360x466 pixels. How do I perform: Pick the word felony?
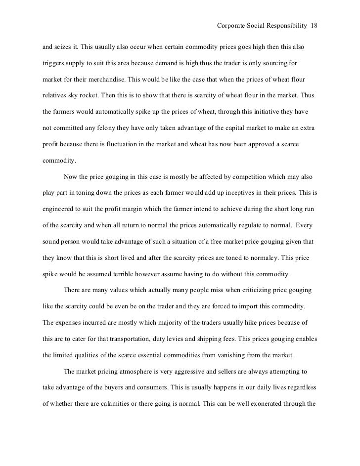[112, 128]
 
